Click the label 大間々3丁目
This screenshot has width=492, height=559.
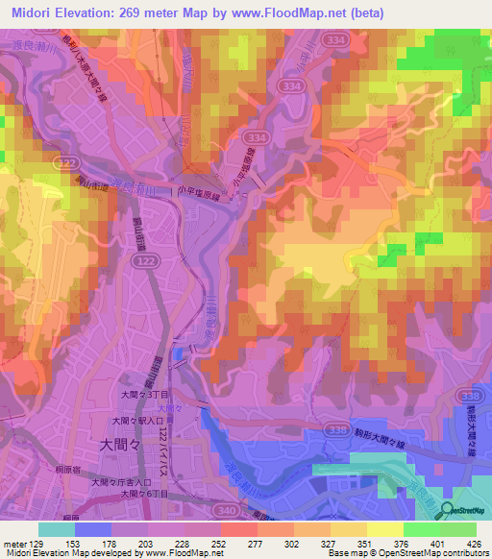144,395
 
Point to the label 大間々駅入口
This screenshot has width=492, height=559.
138,421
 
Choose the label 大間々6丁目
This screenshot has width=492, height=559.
144,493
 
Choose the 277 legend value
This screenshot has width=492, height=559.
239,544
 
